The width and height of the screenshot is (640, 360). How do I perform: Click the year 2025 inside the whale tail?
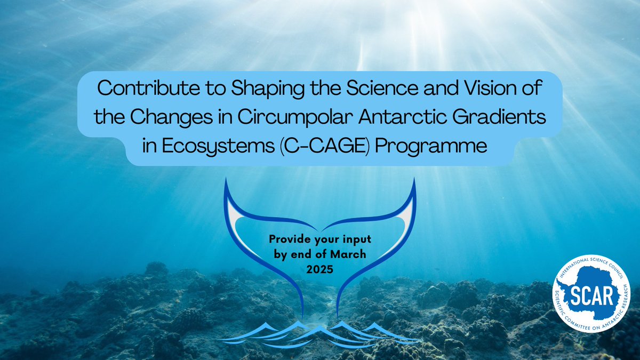(x=320, y=269)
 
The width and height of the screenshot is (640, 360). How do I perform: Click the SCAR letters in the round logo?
(x=592, y=293)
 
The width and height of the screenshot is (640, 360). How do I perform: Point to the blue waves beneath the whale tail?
(x=320, y=333)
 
